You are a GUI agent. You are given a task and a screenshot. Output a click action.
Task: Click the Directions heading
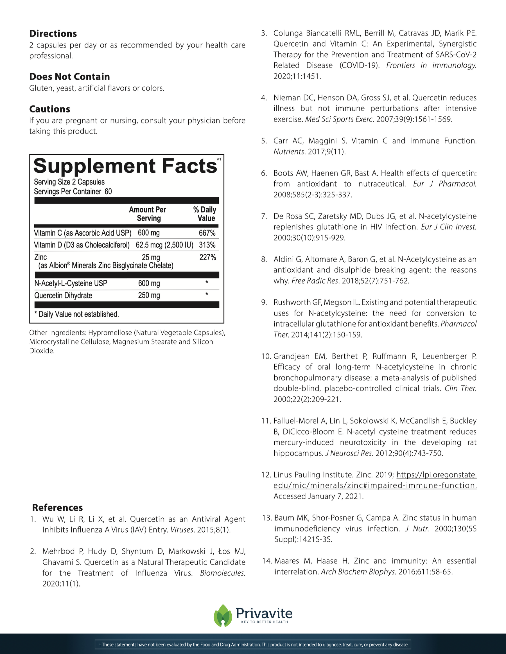coord(53,33)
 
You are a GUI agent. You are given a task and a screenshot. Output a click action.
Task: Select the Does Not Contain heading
coord(69,77)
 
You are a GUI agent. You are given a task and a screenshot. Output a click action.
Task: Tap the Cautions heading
coord(50,109)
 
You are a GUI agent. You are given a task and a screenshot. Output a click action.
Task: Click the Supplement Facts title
coord(125,166)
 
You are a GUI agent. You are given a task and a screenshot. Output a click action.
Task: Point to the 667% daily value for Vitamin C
coord(207,233)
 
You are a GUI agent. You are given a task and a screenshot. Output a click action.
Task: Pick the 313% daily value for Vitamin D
coord(207,245)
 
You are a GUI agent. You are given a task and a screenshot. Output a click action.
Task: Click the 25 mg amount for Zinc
coord(151,257)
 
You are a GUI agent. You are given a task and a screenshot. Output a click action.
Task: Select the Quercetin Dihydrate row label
coord(63,296)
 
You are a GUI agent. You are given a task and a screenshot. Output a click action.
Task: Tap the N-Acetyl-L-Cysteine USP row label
coord(71,283)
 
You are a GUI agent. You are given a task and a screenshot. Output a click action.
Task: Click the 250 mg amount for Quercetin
coord(149,295)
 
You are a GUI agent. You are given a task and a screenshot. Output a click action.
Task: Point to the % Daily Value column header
coord(205,214)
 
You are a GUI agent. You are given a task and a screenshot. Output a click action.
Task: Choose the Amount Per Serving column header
coord(148,214)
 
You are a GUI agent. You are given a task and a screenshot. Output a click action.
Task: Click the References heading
coord(57,508)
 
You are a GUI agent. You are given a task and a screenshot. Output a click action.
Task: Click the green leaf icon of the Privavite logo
coord(223,616)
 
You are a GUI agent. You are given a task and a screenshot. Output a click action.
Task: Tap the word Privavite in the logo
coord(264,613)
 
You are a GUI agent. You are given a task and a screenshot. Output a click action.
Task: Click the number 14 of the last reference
coord(266,561)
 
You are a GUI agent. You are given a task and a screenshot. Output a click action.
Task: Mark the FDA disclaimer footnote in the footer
coord(253,644)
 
